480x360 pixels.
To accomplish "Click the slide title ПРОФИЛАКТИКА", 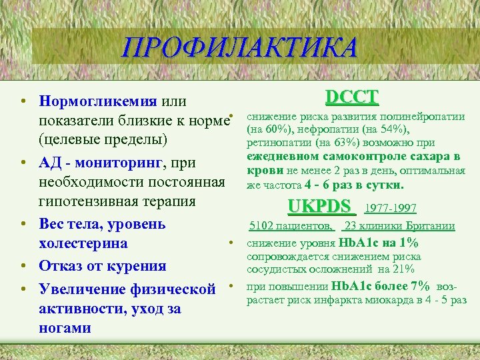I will pos(240,47).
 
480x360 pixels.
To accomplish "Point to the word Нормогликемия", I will pos(98,102).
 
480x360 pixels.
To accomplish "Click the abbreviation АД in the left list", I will pos(50,163).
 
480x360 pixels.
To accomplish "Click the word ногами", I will pos(65,328).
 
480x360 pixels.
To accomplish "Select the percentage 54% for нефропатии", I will pos(393,129).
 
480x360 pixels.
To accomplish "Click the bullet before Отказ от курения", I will pos(23,267).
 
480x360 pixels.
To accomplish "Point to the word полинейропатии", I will pos(426,117).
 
